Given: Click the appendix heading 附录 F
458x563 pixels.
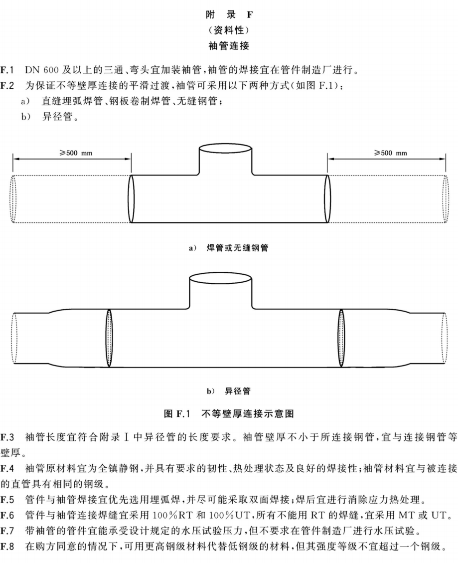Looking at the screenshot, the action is click(x=229, y=15).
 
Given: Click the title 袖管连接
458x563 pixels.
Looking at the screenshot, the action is click(x=229, y=46).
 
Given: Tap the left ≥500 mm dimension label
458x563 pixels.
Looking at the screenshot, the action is click(x=76, y=153).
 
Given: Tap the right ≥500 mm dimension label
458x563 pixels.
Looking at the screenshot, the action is click(x=391, y=153).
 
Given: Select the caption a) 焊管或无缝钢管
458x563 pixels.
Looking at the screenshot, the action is click(x=229, y=248).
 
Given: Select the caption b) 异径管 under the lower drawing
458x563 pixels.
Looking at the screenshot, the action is click(x=229, y=391).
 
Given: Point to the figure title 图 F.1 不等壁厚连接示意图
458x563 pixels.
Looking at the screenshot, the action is click(x=229, y=413).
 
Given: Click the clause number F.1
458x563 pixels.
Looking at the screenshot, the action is click(x=7, y=70).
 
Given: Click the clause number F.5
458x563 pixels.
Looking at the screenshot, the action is click(x=7, y=500).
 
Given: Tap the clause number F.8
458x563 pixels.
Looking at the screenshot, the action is click(x=7, y=547).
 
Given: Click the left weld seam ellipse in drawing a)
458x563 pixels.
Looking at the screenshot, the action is click(x=131, y=198).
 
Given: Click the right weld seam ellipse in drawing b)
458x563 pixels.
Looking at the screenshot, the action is click(x=341, y=338).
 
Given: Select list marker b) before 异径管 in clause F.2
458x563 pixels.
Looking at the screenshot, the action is click(x=26, y=117).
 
